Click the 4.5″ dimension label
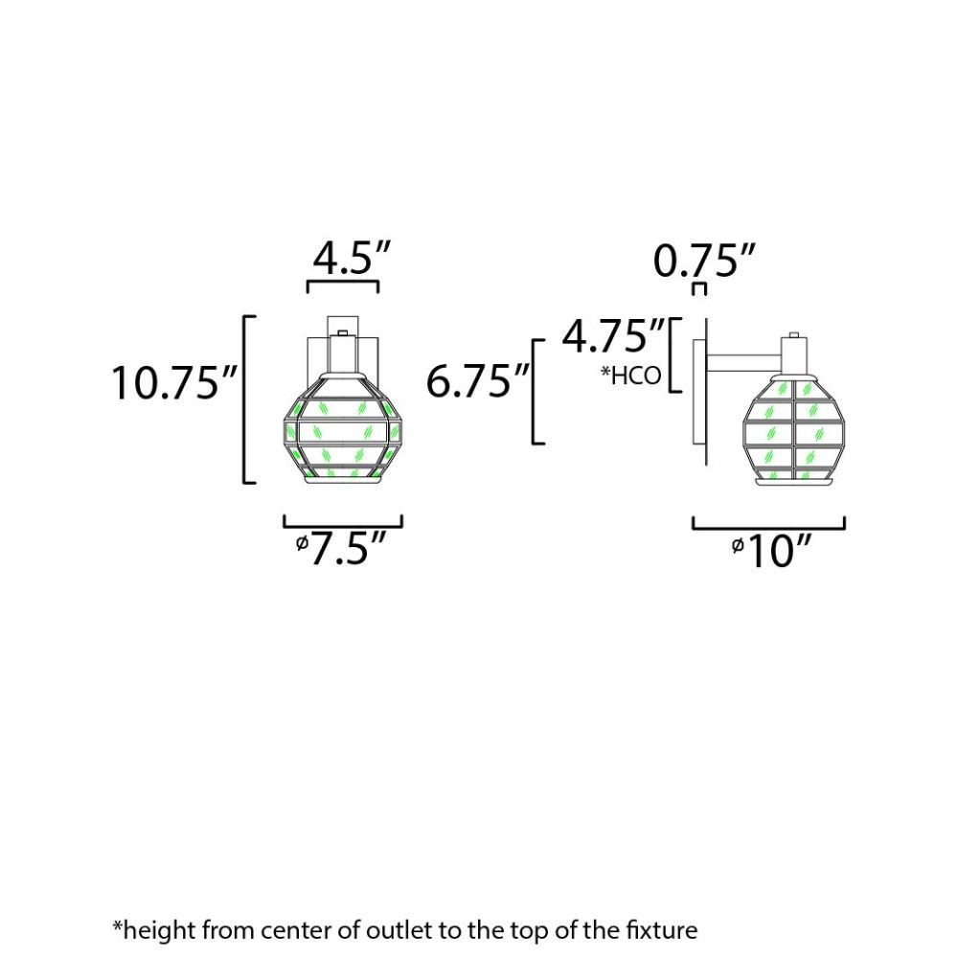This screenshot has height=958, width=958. coord(351,258)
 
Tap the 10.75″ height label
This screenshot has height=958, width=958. coord(174,383)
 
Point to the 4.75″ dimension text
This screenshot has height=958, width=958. coord(613,335)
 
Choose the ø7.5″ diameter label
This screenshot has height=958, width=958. coord(341,548)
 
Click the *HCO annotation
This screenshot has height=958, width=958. coord(631,376)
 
